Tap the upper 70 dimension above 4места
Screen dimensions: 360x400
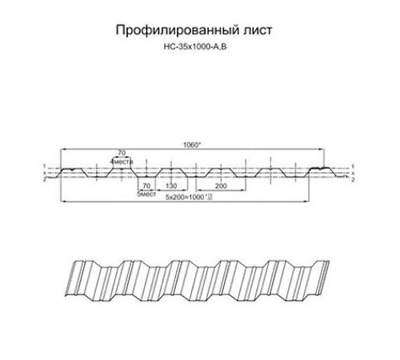pos(122,152)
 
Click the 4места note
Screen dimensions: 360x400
pos(122,161)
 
